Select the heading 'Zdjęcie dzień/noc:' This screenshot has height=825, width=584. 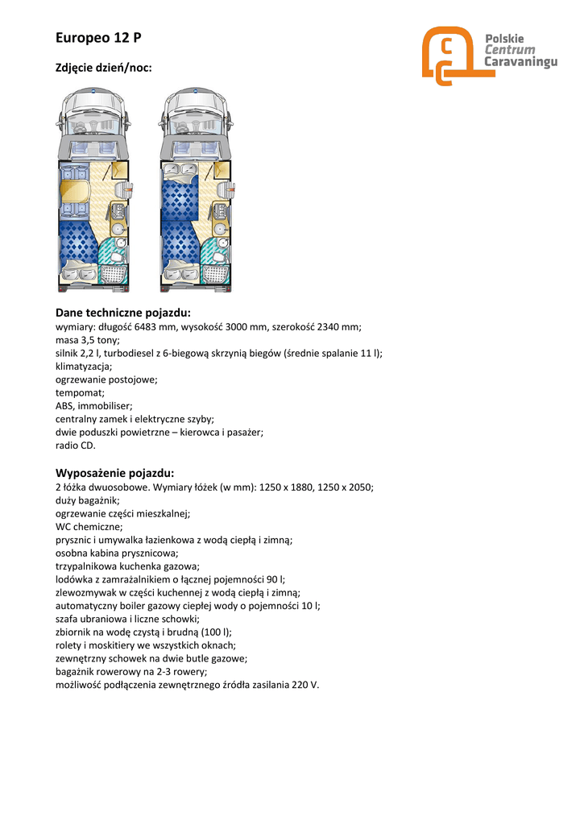pos(103,69)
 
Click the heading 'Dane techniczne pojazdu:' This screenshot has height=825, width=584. pos(122,313)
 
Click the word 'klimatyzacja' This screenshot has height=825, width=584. pos(84,366)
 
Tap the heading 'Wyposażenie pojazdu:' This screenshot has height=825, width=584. pos(114,473)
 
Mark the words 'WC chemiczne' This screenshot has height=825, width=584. pos(89,526)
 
